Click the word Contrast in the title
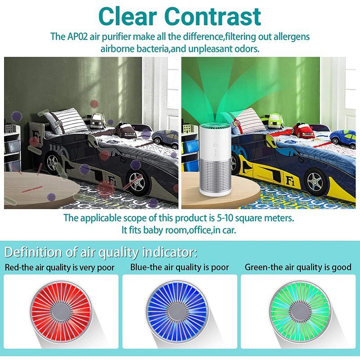212,17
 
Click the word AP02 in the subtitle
77,36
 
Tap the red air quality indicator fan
61,312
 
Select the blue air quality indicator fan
177,312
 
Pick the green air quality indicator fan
300,312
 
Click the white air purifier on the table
215,160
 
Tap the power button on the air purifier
216,145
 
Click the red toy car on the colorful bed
303,130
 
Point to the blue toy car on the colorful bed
342,139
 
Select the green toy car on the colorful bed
275,121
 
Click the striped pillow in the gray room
66,121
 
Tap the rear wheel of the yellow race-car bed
316,182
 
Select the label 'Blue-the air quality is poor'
180,267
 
